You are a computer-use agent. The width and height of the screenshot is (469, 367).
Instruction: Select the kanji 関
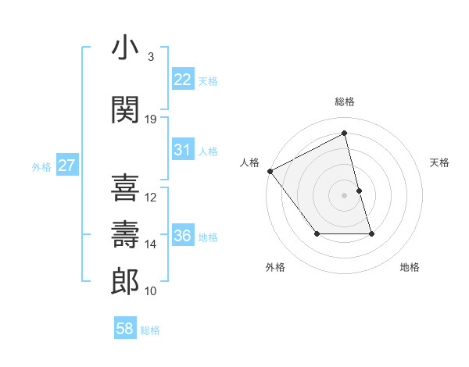tap(125, 109)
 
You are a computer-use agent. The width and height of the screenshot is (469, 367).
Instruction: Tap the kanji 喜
tap(125, 187)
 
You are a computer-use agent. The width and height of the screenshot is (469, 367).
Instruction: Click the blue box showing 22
tap(183, 80)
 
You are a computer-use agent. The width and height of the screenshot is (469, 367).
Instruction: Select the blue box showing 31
tap(183, 150)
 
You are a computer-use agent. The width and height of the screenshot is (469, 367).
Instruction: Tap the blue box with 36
tap(183, 236)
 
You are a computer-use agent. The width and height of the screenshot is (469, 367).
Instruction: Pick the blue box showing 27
tap(67, 166)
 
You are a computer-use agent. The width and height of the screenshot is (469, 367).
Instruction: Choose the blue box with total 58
tap(125, 329)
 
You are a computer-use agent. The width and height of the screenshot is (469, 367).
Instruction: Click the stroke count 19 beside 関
tap(151, 119)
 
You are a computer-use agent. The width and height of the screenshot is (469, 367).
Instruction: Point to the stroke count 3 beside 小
tap(151, 57)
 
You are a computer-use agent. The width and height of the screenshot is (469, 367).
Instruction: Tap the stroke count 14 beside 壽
tap(151, 244)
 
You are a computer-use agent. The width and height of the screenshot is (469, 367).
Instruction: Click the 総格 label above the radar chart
tap(345, 102)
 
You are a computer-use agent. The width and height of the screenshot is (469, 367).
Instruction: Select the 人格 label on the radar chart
tap(250, 162)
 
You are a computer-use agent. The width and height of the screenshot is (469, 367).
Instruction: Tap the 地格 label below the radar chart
tap(410, 268)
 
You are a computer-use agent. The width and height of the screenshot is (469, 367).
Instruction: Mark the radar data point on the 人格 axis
tap(270, 171)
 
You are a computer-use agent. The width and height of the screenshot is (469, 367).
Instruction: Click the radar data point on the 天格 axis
tap(359, 191)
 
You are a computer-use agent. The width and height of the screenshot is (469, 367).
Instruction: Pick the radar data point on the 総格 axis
tap(345, 134)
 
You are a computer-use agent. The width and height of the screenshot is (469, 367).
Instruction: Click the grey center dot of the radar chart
tap(345, 195)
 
